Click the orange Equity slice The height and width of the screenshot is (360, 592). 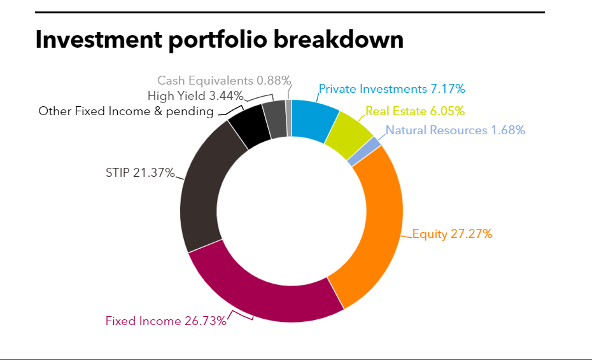coord(376,229)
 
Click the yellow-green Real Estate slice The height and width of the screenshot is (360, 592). coord(349,134)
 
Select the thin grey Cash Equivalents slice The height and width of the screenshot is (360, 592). coord(288,118)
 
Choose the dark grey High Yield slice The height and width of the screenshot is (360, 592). coord(274,120)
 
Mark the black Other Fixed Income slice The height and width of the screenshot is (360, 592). coord(246,128)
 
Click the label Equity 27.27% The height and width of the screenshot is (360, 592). coord(452,234)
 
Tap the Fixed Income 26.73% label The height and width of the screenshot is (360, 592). coord(166,321)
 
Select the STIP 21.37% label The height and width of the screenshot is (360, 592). coord(139,173)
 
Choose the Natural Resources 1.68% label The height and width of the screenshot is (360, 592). coord(455,130)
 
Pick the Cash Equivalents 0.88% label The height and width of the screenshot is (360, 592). coord(224,81)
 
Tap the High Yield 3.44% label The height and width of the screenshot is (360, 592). coord(195,96)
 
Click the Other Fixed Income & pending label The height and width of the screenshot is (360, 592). coord(126,111)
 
